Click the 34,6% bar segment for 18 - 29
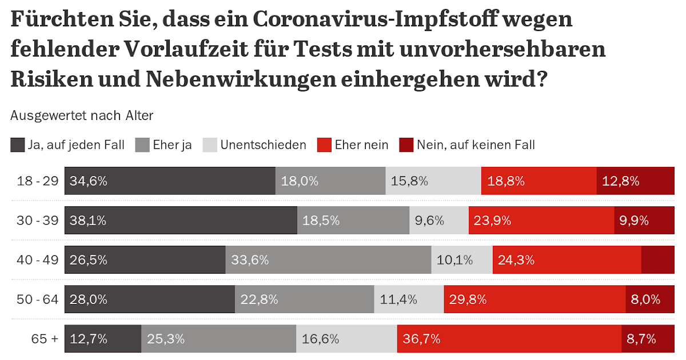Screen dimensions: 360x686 tap(170, 181)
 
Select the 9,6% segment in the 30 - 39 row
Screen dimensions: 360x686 tap(438, 221)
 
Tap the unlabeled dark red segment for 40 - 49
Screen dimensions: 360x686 tap(658, 260)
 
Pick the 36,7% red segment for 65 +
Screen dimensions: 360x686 tap(509, 339)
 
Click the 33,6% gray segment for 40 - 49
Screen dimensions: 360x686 tap(328, 260)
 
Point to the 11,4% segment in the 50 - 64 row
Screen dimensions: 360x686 tap(409, 299)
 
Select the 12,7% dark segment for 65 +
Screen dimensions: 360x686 tap(103, 339)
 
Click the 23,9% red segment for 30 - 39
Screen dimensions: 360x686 tap(541, 221)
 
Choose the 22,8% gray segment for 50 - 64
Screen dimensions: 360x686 tap(305, 299)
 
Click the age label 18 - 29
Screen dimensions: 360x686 tap(38, 181)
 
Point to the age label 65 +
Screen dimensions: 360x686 tap(45, 339)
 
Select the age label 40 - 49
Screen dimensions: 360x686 tap(38, 260)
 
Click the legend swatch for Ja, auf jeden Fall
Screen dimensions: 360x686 tap(18, 145)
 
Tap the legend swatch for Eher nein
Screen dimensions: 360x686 tap(324, 145)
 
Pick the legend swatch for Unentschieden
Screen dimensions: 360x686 tap(210, 145)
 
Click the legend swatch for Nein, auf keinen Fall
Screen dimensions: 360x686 tap(406, 145)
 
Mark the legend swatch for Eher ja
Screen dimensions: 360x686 tap(142, 145)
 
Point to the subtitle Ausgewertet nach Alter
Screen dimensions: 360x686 tap(82, 115)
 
